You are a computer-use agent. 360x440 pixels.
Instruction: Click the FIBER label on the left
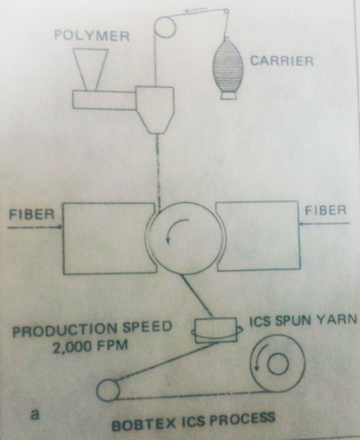pyautogui.click(x=31, y=217)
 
